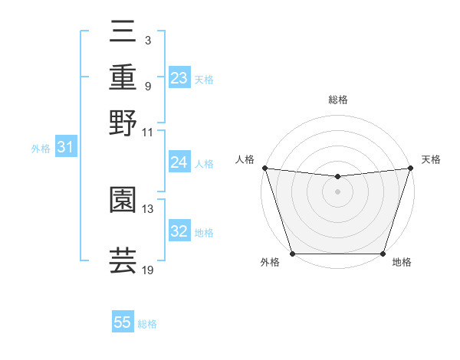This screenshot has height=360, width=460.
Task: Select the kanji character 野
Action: tap(123, 123)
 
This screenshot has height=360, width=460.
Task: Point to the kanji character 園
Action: tap(123, 201)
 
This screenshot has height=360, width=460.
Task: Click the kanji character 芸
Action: tap(123, 260)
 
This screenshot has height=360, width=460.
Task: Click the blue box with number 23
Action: tap(179, 78)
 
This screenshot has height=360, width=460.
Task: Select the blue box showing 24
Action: tap(179, 162)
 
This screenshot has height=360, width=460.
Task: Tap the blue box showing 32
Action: tap(179, 231)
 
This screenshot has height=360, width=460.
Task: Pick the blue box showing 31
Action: tap(65, 148)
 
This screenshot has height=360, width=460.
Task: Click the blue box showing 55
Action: tap(123, 322)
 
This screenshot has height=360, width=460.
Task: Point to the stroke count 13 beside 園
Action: tap(147, 208)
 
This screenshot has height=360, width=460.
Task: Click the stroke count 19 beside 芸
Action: tap(147, 270)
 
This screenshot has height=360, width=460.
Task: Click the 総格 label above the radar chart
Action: tap(337, 100)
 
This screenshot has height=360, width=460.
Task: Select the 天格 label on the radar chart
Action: tap(431, 159)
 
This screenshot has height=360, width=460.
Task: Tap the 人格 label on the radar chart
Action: tap(245, 159)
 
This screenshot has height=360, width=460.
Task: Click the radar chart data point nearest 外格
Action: tap(292, 254)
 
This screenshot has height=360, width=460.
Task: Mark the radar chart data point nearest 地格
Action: tap(383, 254)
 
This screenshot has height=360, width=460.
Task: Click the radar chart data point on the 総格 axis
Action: tap(337, 177)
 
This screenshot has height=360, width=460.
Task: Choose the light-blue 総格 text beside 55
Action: tap(147, 323)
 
